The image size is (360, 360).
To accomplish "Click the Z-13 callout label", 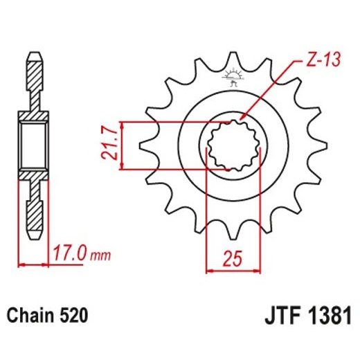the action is (323, 60).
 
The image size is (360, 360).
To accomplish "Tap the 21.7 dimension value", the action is (109, 145).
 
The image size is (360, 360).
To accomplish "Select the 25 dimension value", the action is (233, 258).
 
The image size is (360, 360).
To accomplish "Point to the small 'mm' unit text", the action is (100, 255).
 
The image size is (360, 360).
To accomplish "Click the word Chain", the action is (30, 314).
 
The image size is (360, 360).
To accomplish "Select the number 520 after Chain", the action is (73, 315).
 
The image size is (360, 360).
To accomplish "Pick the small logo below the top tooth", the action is (233, 78).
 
